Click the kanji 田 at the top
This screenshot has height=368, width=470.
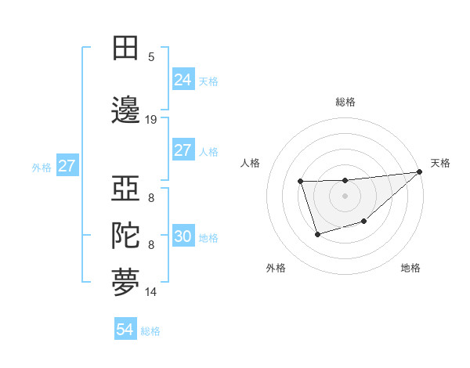pyautogui.click(x=125, y=48)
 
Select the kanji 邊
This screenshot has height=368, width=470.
pyautogui.click(x=125, y=109)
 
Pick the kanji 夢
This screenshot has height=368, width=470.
pyautogui.click(x=125, y=283)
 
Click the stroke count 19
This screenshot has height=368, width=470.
pyautogui.click(x=151, y=120)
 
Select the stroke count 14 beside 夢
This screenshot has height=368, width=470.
pyautogui.click(x=151, y=292)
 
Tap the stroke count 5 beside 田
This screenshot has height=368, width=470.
pyautogui.click(x=151, y=57)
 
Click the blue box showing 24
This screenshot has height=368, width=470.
pyautogui.click(x=183, y=80)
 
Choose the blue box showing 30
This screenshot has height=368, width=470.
pyautogui.click(x=183, y=237)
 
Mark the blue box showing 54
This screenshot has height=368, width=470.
pyautogui.click(x=125, y=330)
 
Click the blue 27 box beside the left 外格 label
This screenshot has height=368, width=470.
pyautogui.click(x=67, y=166)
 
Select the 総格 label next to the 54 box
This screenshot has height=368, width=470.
pyautogui.click(x=150, y=331)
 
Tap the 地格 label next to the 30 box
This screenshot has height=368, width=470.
pyautogui.click(x=208, y=238)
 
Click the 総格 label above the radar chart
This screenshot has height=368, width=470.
pyautogui.click(x=345, y=102)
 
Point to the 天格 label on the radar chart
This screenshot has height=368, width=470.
pyautogui.click(x=440, y=163)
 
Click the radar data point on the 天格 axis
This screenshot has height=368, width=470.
pyautogui.click(x=420, y=172)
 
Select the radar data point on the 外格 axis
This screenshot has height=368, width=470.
pyautogui.click(x=316, y=234)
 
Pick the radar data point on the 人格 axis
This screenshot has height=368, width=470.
pyautogui.click(x=300, y=182)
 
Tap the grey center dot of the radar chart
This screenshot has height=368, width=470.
pyautogui.click(x=345, y=196)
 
